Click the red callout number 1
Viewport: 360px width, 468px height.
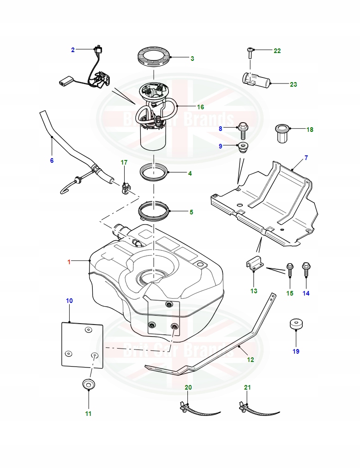[x=69, y=262]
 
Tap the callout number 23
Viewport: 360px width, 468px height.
[x=293, y=84]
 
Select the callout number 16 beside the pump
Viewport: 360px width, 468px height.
[x=200, y=107]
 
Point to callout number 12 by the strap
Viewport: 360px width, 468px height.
[x=250, y=360]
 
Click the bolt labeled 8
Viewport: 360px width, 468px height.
[x=243, y=130]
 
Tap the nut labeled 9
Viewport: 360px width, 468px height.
[x=242, y=148]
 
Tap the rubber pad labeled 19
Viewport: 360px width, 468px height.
[x=295, y=324]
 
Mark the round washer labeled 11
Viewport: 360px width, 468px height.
[x=88, y=384]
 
